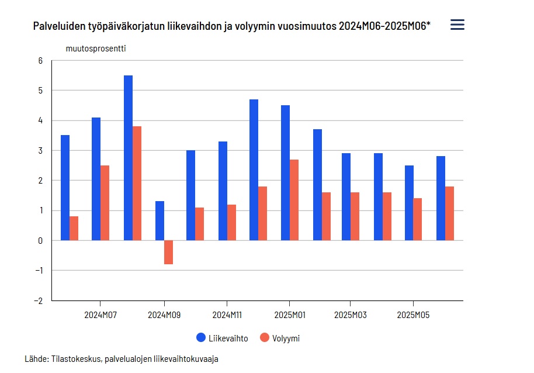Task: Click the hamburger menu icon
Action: (457, 25)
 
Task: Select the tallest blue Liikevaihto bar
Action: (128, 158)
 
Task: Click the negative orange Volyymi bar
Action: (168, 252)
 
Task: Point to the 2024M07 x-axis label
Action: (100, 315)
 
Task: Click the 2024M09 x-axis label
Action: (164, 315)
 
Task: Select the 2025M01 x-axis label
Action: (290, 315)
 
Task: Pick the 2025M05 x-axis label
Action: (413, 315)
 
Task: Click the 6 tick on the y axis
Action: (40, 60)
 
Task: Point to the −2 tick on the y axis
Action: (39, 301)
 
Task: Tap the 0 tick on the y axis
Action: (40, 240)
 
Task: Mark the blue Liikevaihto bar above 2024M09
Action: (159, 221)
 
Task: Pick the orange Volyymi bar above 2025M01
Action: (294, 200)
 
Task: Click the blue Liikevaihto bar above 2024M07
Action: (96, 179)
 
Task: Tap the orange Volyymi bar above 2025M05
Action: (418, 219)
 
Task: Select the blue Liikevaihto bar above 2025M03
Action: (346, 197)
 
